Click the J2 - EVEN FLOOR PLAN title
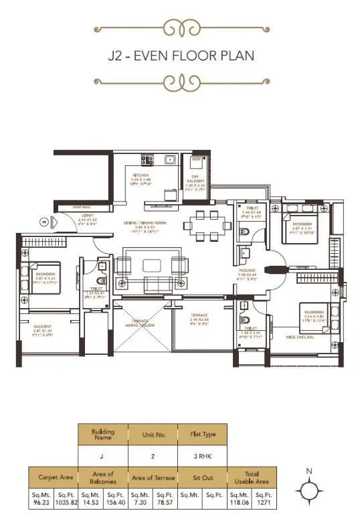point(180,55)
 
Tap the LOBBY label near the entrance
point(88,216)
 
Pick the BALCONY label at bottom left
point(43,326)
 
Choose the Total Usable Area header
point(251,477)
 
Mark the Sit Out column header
point(201,477)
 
